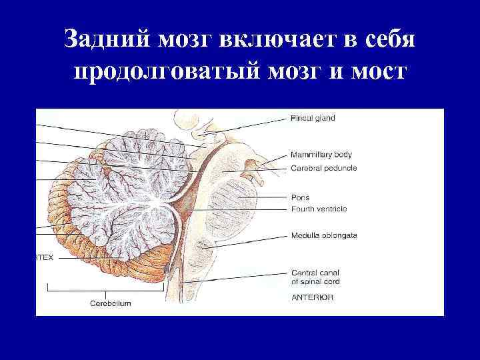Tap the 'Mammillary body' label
[321, 155]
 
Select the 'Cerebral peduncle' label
[324, 168]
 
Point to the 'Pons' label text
[300, 197]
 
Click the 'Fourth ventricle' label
[319, 209]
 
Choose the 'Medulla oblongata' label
[324, 235]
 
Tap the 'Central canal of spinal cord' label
[316, 277]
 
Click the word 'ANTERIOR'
[312, 298]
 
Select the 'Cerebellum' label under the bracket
[111, 303]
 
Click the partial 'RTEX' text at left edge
[44, 257]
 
